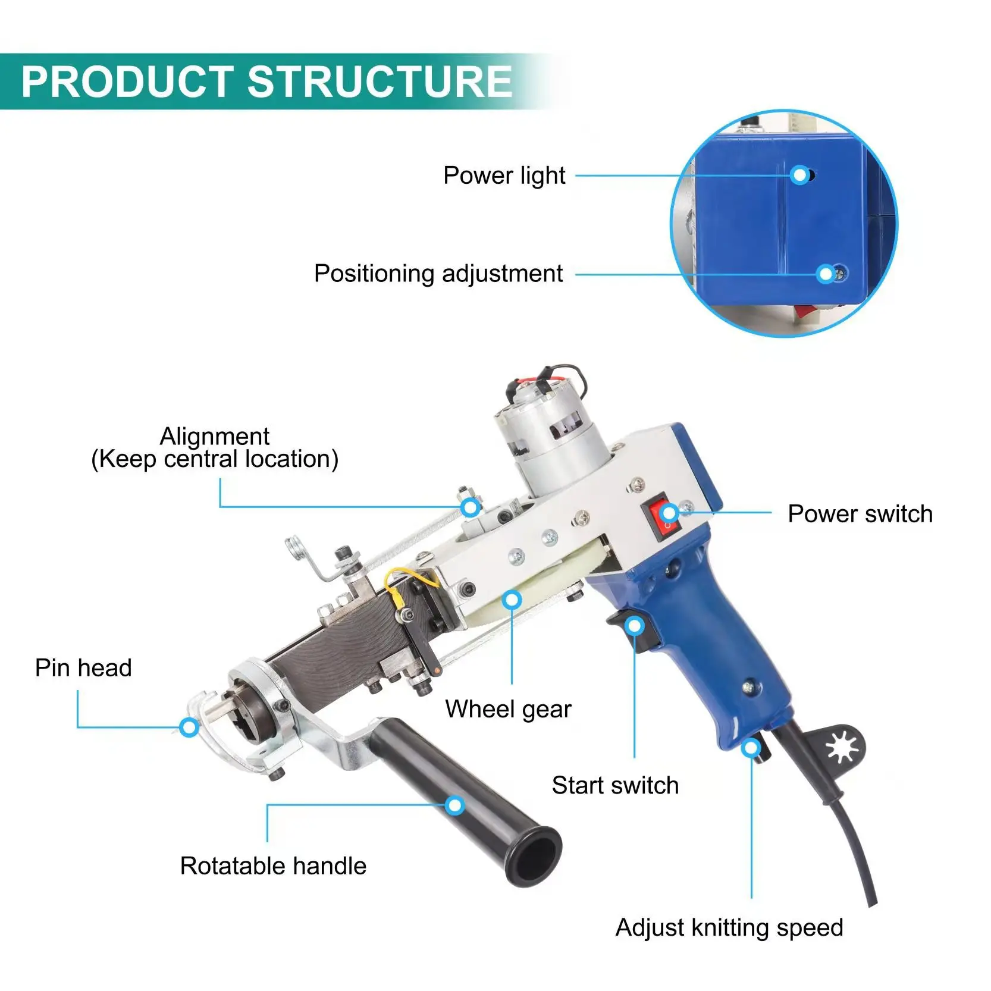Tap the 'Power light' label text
point(504,175)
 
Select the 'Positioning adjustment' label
point(438,274)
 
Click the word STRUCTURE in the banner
point(379,81)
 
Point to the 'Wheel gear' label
point(508,709)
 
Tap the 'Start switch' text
point(615,785)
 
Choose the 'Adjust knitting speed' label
point(729,927)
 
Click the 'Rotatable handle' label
point(273,865)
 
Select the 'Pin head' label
point(83,667)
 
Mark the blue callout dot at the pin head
point(189,726)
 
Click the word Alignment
point(214,437)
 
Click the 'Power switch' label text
point(860,514)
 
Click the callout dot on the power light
point(801,175)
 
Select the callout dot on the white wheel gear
point(512,599)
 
